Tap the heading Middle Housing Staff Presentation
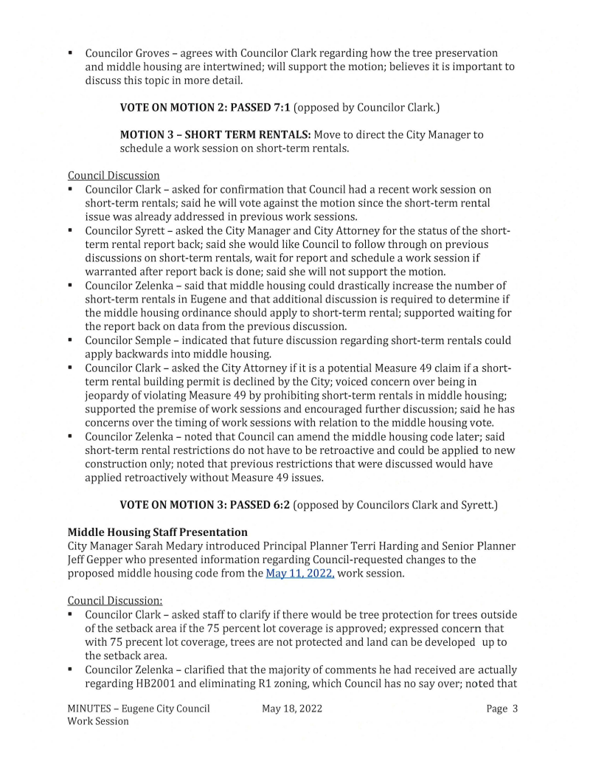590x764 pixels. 157,532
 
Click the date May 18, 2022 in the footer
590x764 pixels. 292,709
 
